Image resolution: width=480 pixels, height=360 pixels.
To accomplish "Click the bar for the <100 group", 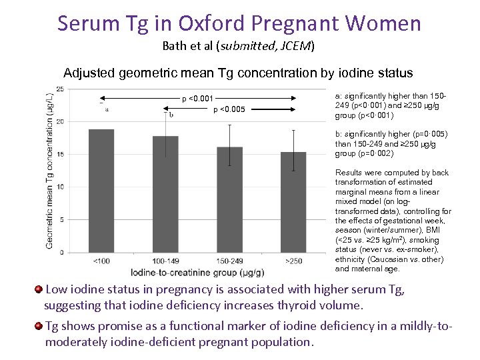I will [x=101, y=191].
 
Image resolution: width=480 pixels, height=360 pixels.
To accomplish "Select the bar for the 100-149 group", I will [x=165, y=194].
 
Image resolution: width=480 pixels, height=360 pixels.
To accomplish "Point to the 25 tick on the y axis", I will [x=60, y=89].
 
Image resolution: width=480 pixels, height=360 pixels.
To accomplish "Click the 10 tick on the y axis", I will [x=60, y=187].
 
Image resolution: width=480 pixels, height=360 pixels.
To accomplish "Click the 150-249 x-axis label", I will [x=229, y=261].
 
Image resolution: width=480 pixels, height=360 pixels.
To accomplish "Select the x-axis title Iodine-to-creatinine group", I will [x=197, y=272].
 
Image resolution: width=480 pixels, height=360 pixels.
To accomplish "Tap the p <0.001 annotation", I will [x=197, y=99].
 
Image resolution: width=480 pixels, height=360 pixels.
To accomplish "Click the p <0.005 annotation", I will [x=228, y=109].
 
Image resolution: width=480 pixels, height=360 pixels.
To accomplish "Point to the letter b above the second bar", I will [x=171, y=114].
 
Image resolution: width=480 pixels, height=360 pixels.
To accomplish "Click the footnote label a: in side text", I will [x=339, y=97].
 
